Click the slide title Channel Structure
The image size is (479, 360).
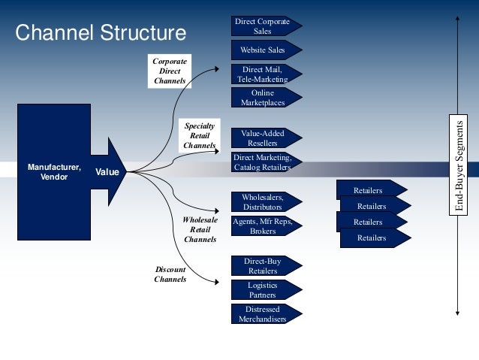(x=101, y=33)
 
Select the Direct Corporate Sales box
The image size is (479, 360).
(x=264, y=26)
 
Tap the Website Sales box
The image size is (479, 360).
(x=263, y=50)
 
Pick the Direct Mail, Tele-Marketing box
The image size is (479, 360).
(x=263, y=74)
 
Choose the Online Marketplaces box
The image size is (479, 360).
(x=263, y=98)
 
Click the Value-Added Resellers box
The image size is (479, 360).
(x=263, y=138)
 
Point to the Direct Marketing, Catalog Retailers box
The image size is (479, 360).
(x=263, y=162)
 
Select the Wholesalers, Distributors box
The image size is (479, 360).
(x=263, y=201)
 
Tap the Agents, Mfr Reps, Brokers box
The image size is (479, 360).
(x=263, y=226)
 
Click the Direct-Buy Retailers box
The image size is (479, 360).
(x=263, y=266)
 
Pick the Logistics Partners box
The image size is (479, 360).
(x=263, y=290)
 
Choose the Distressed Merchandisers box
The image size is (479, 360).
(x=263, y=314)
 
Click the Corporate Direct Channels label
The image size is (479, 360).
(x=170, y=71)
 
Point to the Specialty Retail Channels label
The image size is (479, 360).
(x=199, y=136)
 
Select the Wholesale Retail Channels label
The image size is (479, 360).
(x=200, y=229)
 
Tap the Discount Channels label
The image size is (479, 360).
(x=170, y=274)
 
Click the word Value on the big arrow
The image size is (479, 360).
(x=107, y=173)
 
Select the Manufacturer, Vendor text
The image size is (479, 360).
(x=54, y=172)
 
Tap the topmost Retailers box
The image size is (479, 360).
(x=369, y=190)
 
